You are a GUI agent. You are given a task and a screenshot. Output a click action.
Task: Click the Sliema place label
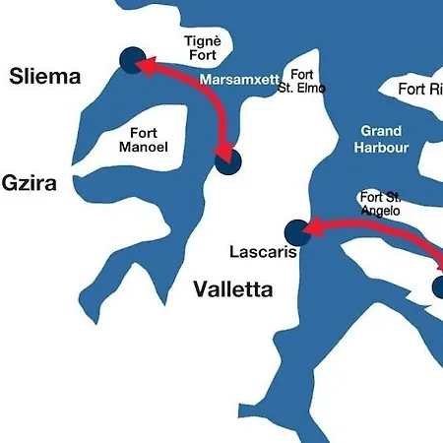click(45, 77)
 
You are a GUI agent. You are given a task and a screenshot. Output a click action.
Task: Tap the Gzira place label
click(29, 183)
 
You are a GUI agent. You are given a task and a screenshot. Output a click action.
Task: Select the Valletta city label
click(232, 288)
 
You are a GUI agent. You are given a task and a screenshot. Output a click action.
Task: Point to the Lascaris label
click(263, 252)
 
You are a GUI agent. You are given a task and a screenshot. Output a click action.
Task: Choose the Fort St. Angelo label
click(380, 203)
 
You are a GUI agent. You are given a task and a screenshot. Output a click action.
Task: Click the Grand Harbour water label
click(381, 139)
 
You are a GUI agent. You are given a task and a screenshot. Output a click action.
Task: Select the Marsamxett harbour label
click(240, 79)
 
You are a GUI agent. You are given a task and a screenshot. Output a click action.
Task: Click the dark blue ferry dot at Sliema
click(132, 60)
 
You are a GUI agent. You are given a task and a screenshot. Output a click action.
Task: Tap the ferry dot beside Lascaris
click(296, 232)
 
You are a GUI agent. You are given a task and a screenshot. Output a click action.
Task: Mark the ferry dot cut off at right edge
click(437, 286)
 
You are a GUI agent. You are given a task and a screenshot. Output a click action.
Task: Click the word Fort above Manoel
click(144, 132)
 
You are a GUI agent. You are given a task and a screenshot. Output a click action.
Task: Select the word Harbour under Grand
click(381, 148)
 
